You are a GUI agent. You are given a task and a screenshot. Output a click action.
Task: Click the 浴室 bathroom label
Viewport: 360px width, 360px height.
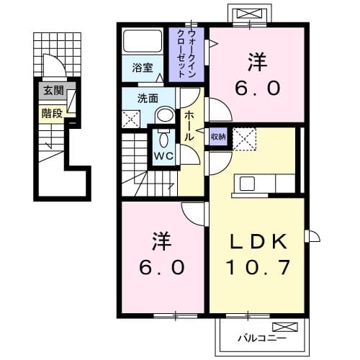(143, 68)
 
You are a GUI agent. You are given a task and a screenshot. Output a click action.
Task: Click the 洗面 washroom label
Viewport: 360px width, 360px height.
(148, 99)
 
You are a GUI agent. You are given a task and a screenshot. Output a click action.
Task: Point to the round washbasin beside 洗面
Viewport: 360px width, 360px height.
(165, 114)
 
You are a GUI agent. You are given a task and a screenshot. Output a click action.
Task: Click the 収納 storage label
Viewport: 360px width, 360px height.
(217, 136)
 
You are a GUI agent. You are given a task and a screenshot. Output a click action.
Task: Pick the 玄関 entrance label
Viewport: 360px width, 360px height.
(53, 91)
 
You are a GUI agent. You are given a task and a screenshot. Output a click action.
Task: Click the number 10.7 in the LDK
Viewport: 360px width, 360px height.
(259, 268)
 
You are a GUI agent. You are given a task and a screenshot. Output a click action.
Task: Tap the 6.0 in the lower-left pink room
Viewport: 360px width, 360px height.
(163, 267)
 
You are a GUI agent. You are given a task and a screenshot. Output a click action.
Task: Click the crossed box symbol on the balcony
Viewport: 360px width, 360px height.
(280, 326)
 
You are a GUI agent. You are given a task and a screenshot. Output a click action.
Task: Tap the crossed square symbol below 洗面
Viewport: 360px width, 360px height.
(131, 120)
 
